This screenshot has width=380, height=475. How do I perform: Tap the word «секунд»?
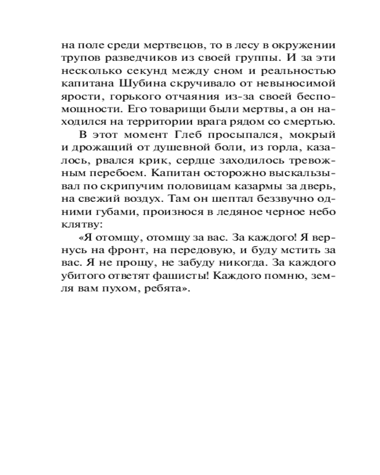point(154,71)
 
